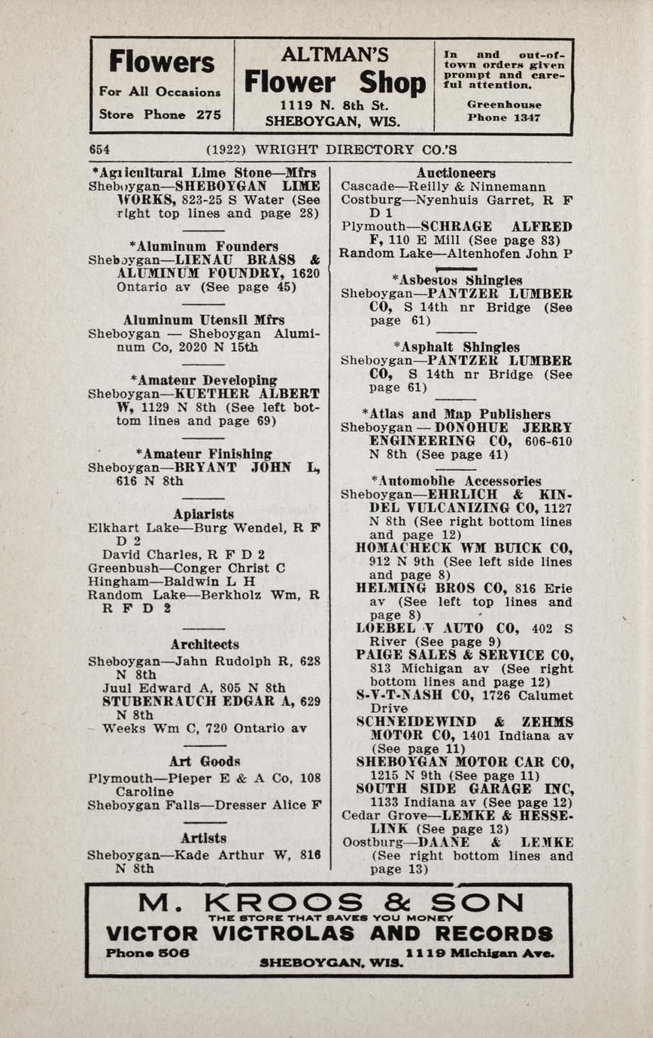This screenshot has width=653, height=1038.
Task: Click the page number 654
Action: (x=99, y=150)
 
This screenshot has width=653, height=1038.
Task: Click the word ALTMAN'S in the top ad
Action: (x=334, y=55)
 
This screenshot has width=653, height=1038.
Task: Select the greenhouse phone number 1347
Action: (x=527, y=118)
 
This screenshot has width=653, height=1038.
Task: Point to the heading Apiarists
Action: (x=203, y=514)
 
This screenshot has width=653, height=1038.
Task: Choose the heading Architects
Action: (x=205, y=645)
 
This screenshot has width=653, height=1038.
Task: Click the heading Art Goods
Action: (x=205, y=761)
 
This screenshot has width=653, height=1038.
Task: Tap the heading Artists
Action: (x=204, y=838)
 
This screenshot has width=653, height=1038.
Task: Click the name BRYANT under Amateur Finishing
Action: (x=208, y=467)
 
